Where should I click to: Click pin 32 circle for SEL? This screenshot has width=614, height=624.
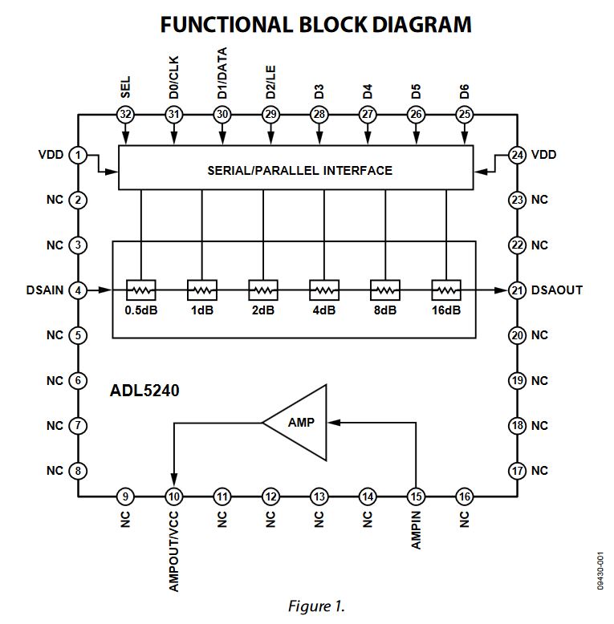coord(125,115)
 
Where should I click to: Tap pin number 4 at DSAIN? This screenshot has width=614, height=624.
coord(77,290)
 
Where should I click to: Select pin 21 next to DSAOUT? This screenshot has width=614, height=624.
coord(516,290)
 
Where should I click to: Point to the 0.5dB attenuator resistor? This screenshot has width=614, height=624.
coord(140,289)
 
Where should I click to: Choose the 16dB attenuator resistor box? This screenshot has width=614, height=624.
coord(445,289)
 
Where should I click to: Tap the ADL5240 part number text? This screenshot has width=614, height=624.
coord(144,392)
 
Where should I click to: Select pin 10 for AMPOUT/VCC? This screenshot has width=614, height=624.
coord(173,497)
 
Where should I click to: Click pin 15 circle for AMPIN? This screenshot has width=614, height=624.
coord(416,497)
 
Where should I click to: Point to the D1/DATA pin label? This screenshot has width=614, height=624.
coord(222,74)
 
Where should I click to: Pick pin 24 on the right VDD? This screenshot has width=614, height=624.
coord(516,155)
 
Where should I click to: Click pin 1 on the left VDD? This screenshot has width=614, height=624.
coord(77,155)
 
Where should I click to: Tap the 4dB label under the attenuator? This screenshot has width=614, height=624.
coord(323,310)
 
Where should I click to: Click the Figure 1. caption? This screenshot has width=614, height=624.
coord(316,606)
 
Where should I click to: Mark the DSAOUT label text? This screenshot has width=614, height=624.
coord(557,290)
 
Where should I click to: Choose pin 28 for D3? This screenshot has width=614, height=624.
coord(319,115)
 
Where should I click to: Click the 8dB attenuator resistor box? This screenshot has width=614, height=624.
coord(384,289)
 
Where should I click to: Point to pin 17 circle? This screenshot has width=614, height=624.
coord(516,471)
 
